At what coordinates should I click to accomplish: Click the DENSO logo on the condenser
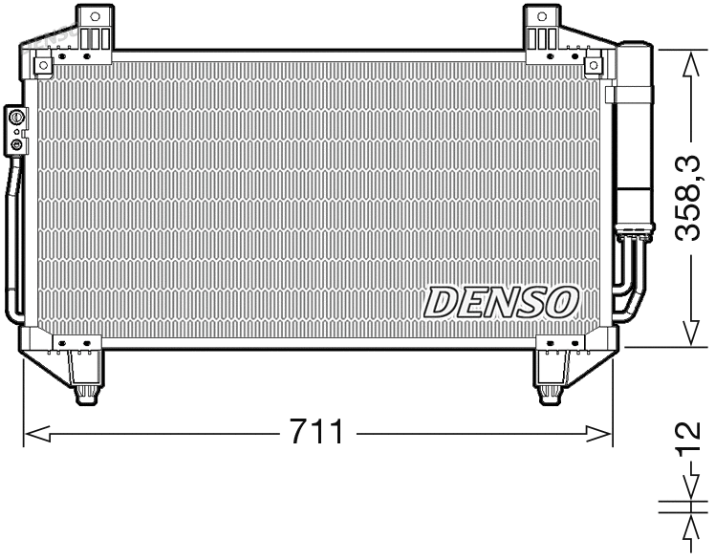(x=502, y=301)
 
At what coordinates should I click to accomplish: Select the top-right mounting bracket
(x=542, y=30)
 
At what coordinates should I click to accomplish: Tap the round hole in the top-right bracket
(x=542, y=16)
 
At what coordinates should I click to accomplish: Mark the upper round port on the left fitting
(x=16, y=118)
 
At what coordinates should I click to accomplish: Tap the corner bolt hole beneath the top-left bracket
(x=43, y=65)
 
